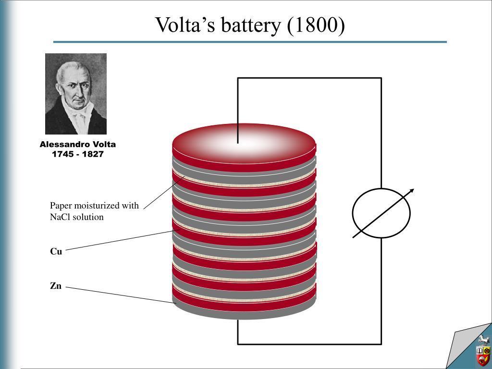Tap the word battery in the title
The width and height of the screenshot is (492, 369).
click(251, 26)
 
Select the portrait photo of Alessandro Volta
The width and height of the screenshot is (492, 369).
click(76, 94)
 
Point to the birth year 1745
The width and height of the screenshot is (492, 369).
click(63, 154)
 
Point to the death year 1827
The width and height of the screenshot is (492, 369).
click(93, 154)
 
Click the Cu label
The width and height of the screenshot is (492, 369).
click(56, 251)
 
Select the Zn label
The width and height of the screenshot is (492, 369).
click(56, 286)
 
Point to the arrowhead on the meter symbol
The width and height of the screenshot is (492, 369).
click(411, 191)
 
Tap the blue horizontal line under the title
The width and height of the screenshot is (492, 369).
click(250, 42)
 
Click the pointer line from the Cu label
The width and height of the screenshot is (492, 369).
click(123, 240)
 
